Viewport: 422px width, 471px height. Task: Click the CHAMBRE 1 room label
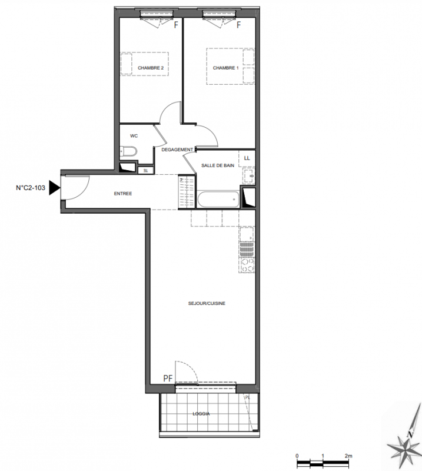[x=225, y=68]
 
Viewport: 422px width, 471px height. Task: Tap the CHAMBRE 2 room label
[x=151, y=68]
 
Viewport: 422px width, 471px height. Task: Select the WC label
[x=134, y=136]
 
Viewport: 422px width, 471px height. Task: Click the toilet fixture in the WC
[x=128, y=151]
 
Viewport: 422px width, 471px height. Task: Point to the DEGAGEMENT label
[x=177, y=150]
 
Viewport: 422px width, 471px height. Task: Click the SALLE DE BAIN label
[x=218, y=165]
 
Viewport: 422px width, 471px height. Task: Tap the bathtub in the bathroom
[x=218, y=199]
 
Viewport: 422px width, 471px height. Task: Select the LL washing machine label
[x=247, y=158]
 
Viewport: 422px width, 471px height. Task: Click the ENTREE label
[x=123, y=194]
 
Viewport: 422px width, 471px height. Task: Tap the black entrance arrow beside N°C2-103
[x=55, y=188]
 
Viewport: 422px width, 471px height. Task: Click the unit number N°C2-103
[x=31, y=188]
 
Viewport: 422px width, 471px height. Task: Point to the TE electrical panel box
[x=146, y=170]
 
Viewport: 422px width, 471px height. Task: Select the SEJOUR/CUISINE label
[x=207, y=303]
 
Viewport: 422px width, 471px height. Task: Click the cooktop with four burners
[x=247, y=266]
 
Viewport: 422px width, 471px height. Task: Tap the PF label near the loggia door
[x=168, y=378]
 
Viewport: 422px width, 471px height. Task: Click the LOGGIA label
[x=201, y=414]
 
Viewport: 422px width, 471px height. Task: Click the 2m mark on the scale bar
[x=348, y=456]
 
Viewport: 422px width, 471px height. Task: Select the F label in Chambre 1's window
[x=238, y=25]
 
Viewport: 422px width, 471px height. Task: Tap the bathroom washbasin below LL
[x=249, y=175]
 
